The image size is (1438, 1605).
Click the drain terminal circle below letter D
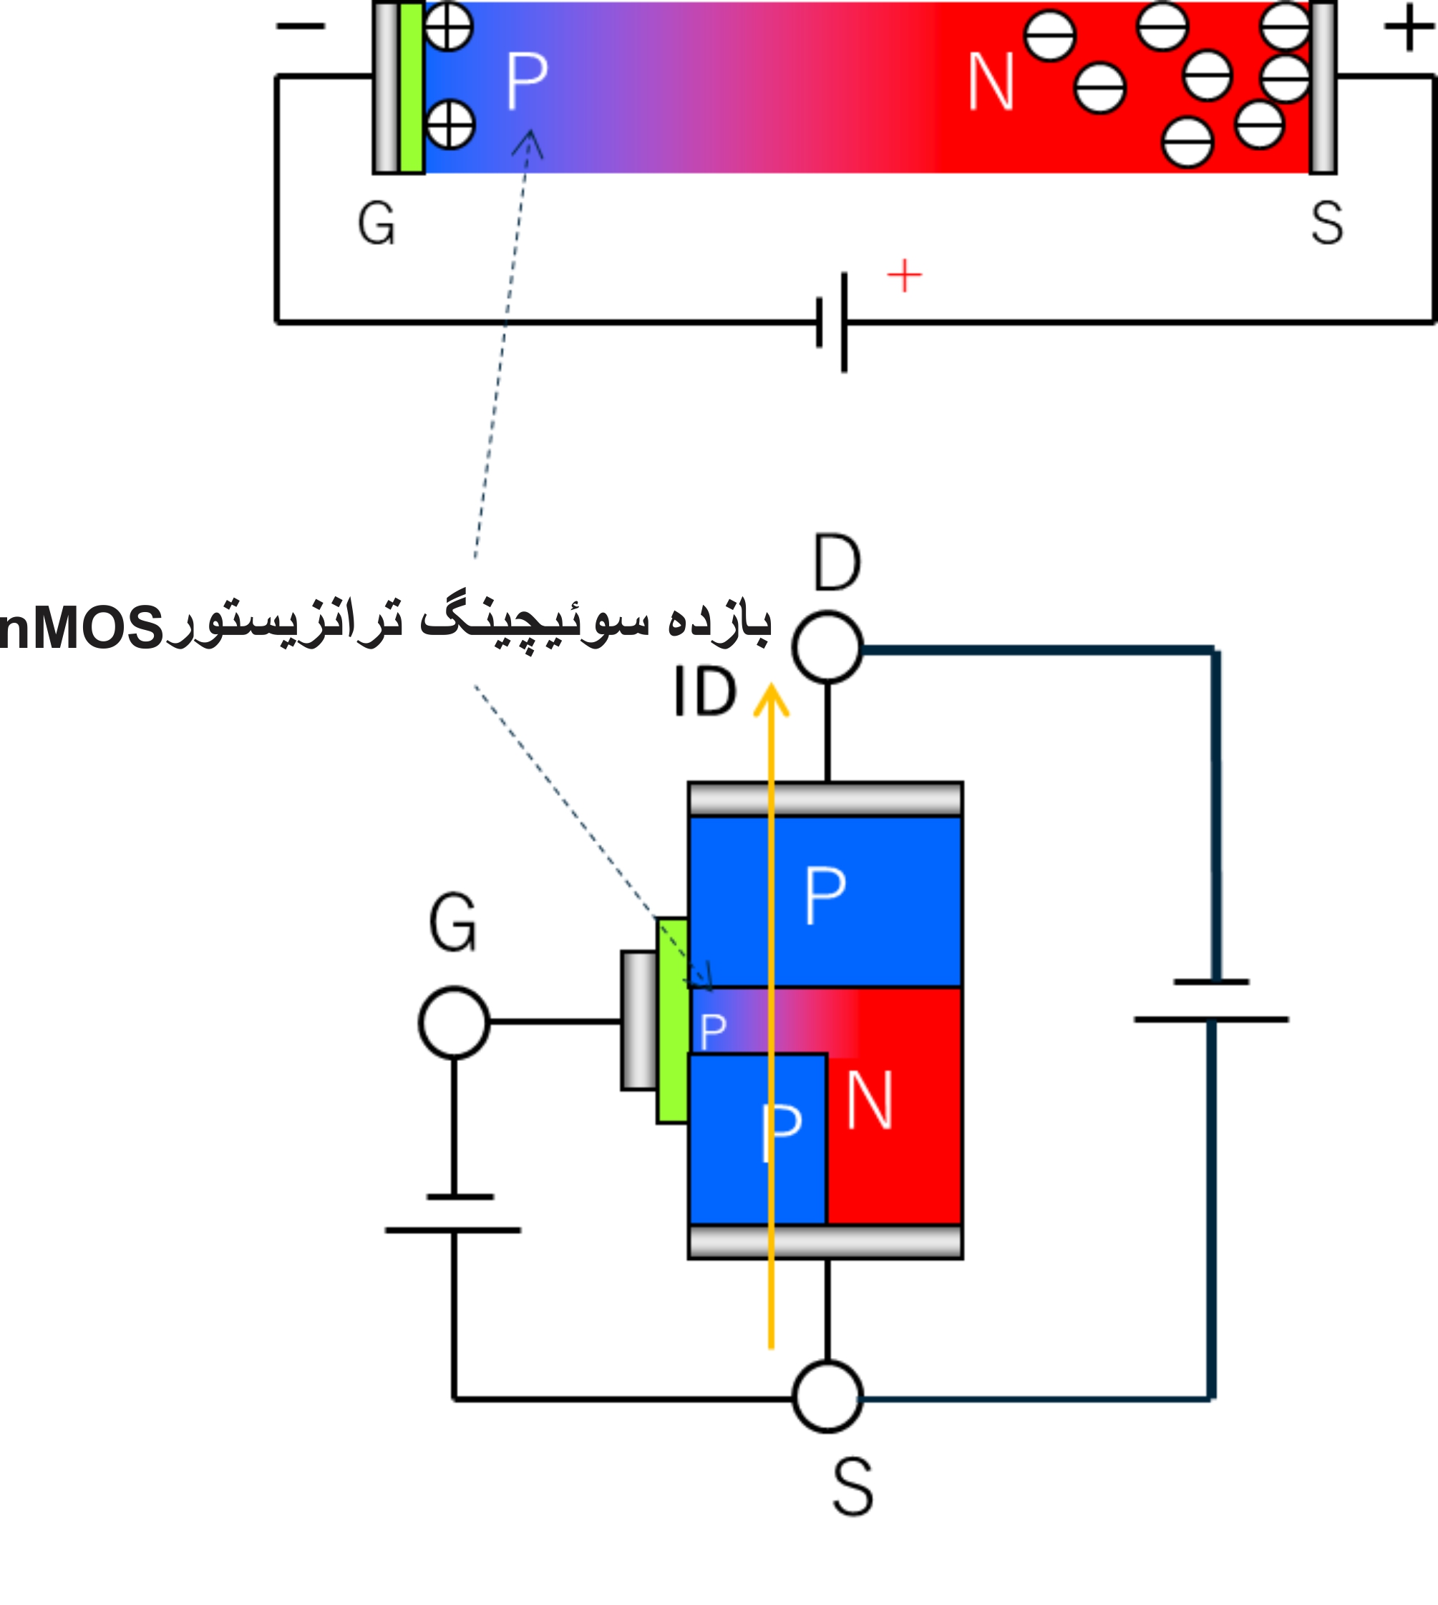click(827, 647)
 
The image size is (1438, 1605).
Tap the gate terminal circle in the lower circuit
click(454, 1022)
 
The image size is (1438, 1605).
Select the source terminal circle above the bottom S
click(827, 1397)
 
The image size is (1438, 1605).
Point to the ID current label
click(704, 692)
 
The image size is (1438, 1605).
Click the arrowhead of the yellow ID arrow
click(771, 700)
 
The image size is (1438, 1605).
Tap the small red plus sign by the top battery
click(904, 276)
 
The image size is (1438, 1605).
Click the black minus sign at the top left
click(300, 26)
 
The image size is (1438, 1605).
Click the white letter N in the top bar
click(990, 82)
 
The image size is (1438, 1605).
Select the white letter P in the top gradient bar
click(526, 81)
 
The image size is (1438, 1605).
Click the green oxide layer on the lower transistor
click(672, 1020)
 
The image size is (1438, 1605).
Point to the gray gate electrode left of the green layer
click(638, 1020)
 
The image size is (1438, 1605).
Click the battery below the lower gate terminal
click(454, 1213)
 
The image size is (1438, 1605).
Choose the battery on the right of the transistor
click(1211, 1001)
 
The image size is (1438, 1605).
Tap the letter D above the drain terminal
click(837, 563)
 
